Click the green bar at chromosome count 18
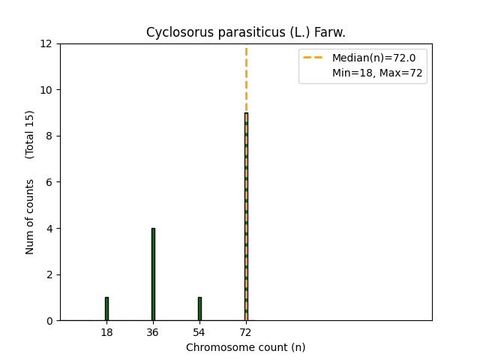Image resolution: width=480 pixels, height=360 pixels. point(106,309)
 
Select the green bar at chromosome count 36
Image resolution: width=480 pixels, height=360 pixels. point(153,274)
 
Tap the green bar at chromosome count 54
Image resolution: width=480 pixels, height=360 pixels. point(199,309)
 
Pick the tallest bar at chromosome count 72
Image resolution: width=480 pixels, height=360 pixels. point(246,217)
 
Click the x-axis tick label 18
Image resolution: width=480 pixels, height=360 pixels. point(106,332)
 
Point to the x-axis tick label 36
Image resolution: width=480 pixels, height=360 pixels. point(153,332)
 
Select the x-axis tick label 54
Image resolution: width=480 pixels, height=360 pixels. point(199,332)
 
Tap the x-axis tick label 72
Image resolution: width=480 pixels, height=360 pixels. point(246,332)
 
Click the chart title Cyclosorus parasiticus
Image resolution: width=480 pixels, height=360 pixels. point(246,32)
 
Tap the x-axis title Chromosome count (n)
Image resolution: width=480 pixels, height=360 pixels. point(246,347)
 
